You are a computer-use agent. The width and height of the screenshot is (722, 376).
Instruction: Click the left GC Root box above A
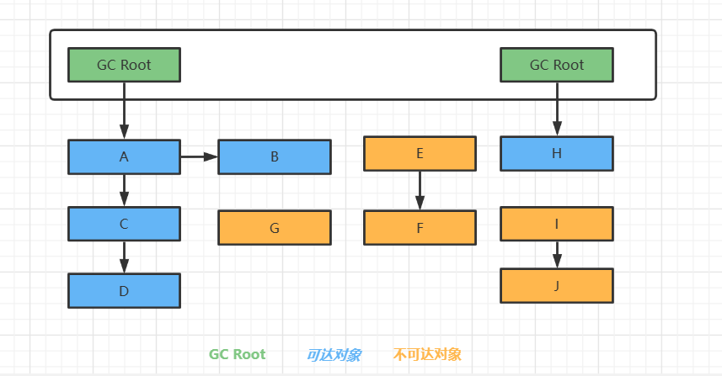pos(124,65)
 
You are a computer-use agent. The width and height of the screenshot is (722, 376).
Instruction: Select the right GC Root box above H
pos(556,65)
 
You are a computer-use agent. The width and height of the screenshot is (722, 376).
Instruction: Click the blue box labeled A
pos(124,156)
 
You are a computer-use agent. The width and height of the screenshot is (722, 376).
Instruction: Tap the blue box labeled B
pos(274,156)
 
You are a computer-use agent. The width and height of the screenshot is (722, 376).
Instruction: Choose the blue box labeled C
pos(124,224)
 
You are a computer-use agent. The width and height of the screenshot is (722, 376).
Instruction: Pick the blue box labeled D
pos(124,290)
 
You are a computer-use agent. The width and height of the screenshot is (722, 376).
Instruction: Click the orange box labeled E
pos(420,153)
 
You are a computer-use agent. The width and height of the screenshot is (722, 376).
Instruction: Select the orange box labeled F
pos(420,227)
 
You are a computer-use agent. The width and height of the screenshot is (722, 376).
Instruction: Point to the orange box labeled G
pos(274,227)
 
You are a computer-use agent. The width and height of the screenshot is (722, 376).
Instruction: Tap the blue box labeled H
pos(556,153)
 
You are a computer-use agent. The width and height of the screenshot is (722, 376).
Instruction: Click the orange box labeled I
pos(556,224)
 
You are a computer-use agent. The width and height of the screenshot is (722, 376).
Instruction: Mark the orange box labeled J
pos(556,285)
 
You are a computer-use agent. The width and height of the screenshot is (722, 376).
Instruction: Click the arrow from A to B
pos(199,156)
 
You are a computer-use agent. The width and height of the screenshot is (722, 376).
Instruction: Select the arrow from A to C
pos(124,190)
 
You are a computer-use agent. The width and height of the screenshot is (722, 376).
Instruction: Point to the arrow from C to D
pos(124,257)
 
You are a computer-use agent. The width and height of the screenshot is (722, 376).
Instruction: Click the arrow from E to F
pos(420,190)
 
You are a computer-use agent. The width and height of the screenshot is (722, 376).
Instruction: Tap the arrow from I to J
pos(556,254)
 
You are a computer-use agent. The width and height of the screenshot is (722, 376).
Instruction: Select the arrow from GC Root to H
pos(556,109)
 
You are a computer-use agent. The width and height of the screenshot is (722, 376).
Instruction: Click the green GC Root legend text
pos(237,354)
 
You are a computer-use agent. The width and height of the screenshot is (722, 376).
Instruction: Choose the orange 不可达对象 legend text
pos(427,354)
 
